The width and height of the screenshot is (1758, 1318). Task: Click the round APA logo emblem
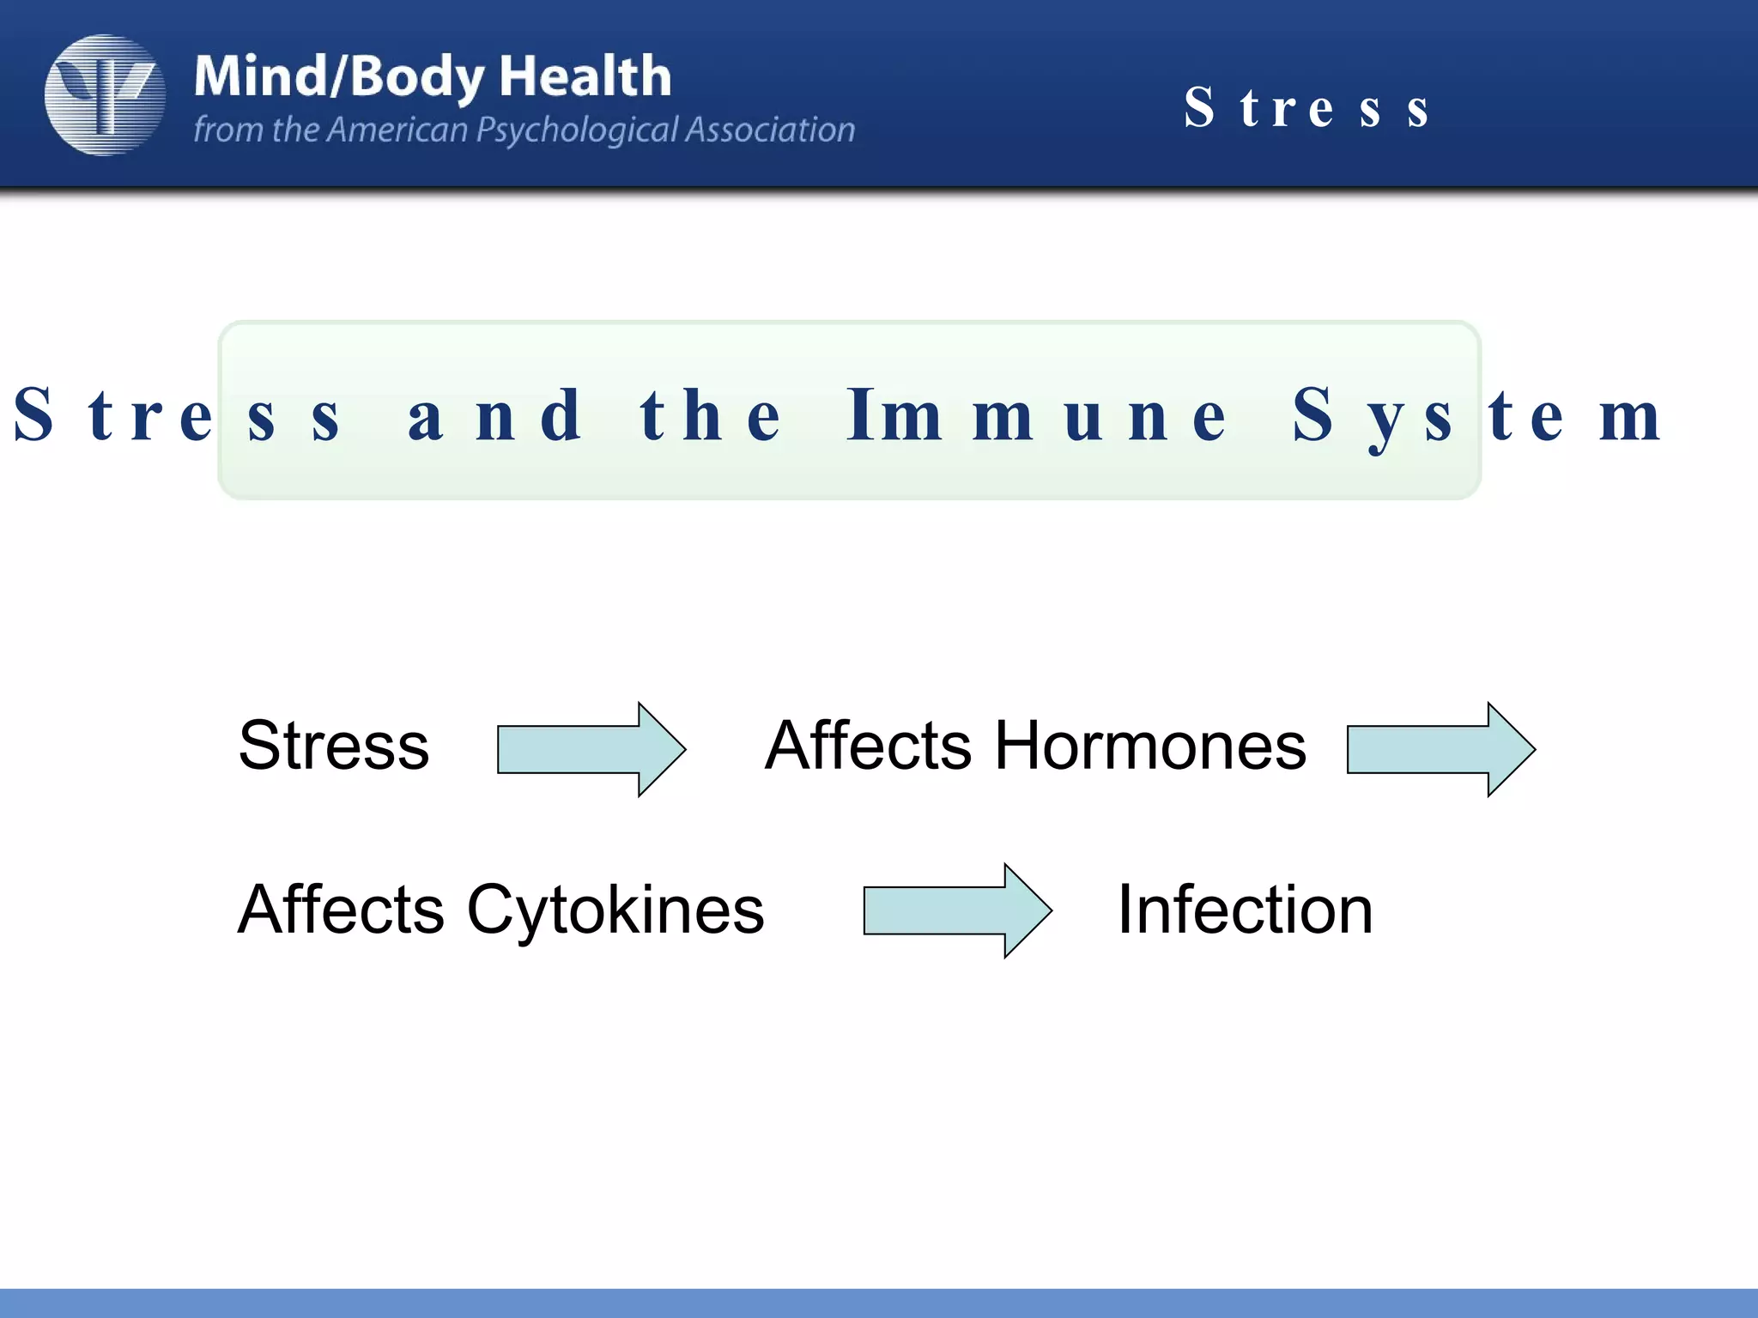pyautogui.click(x=105, y=94)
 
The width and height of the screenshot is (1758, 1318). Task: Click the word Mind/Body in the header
pyautogui.click(x=339, y=77)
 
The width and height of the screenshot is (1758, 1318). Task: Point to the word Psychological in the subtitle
pyautogui.click(x=577, y=130)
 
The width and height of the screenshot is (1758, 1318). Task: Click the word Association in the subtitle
pyautogui.click(x=770, y=130)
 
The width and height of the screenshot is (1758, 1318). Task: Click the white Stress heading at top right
pyautogui.click(x=1306, y=108)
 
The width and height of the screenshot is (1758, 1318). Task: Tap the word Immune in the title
pyautogui.click(x=1036, y=415)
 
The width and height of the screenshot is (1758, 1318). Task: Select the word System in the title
pyautogui.click(x=1476, y=415)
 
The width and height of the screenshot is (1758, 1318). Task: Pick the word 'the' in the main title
pyautogui.click(x=711, y=415)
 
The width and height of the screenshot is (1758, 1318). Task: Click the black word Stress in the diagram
pyautogui.click(x=333, y=745)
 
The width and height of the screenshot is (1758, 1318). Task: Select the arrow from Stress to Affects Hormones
pyautogui.click(x=591, y=749)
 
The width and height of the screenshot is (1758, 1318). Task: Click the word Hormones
pyautogui.click(x=1150, y=745)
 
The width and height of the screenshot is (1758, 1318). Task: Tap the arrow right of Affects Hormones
pyautogui.click(x=1440, y=749)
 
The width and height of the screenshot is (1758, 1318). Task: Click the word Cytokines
pyautogui.click(x=615, y=910)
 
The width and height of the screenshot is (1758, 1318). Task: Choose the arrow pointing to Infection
pyautogui.click(x=956, y=910)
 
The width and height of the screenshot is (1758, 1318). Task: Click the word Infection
pyautogui.click(x=1245, y=910)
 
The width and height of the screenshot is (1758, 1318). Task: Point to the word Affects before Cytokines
pyautogui.click(x=341, y=910)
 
